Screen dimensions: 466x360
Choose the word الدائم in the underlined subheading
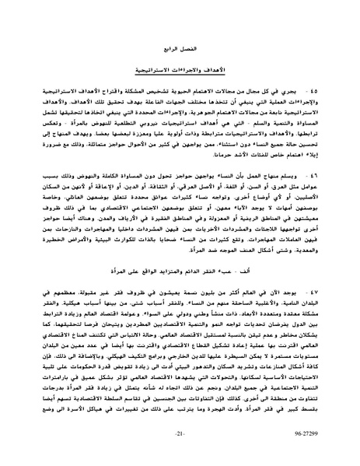click(x=181, y=274)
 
